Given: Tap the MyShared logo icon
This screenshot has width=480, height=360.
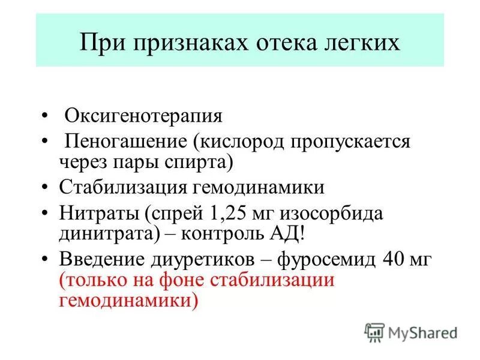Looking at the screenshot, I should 374,332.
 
